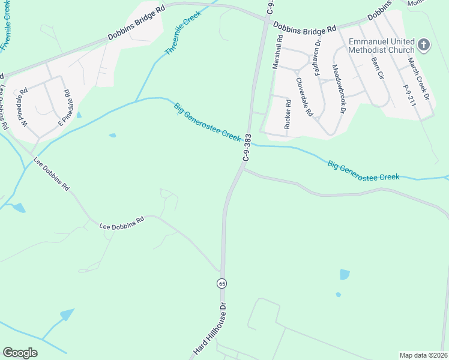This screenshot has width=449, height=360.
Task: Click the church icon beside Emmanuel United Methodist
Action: coord(424,44)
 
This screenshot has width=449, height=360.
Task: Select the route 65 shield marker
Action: coord(221,283)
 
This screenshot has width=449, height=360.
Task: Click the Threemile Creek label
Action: coord(184,33)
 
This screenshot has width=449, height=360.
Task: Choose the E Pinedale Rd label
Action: coord(64,107)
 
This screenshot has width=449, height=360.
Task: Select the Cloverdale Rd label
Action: coord(304,96)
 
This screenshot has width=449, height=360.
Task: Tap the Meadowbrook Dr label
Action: coord(339,89)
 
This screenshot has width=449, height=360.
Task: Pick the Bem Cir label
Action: coord(377,70)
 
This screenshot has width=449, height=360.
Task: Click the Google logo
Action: coord(20,353)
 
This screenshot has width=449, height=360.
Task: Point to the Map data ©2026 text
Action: coord(424,355)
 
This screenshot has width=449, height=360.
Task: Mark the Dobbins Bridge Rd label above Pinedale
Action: coord(136,28)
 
